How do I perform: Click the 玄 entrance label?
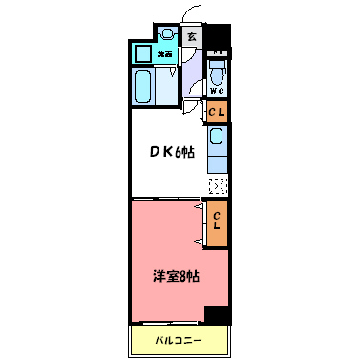pyautogui.click(x=191, y=37)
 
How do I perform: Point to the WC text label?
pyautogui.click(x=218, y=92)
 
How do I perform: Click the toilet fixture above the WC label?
pyautogui.click(x=218, y=72)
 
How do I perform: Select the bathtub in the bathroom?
pyautogui.click(x=146, y=87)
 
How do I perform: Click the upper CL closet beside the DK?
pyautogui.click(x=218, y=113)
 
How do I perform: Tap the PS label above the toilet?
pyautogui.click(x=218, y=53)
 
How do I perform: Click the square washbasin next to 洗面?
pyautogui.click(x=143, y=53)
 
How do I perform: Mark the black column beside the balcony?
pyautogui.click(x=220, y=315)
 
